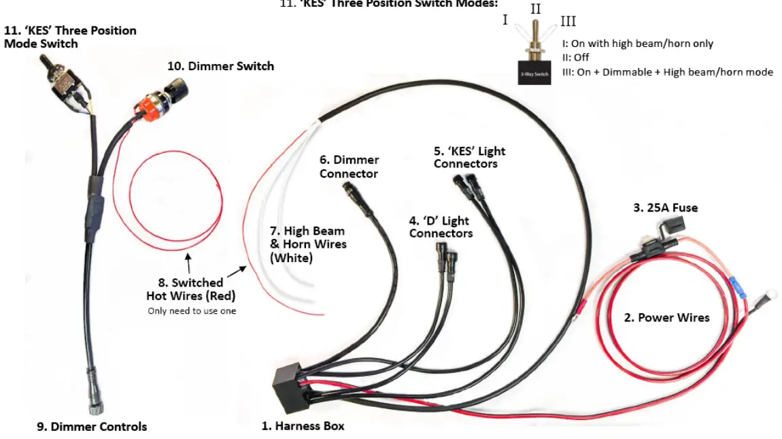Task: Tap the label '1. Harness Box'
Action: point(303,426)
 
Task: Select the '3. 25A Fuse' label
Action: point(665,208)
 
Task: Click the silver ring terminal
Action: point(760,297)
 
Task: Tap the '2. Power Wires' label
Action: point(666,318)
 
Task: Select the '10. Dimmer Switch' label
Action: point(220,66)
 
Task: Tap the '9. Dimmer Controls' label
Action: point(91,427)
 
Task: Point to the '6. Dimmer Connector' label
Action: point(349,167)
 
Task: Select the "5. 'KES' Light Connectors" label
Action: point(469,157)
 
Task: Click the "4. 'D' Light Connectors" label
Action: point(441,227)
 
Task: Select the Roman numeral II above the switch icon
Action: point(535,10)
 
